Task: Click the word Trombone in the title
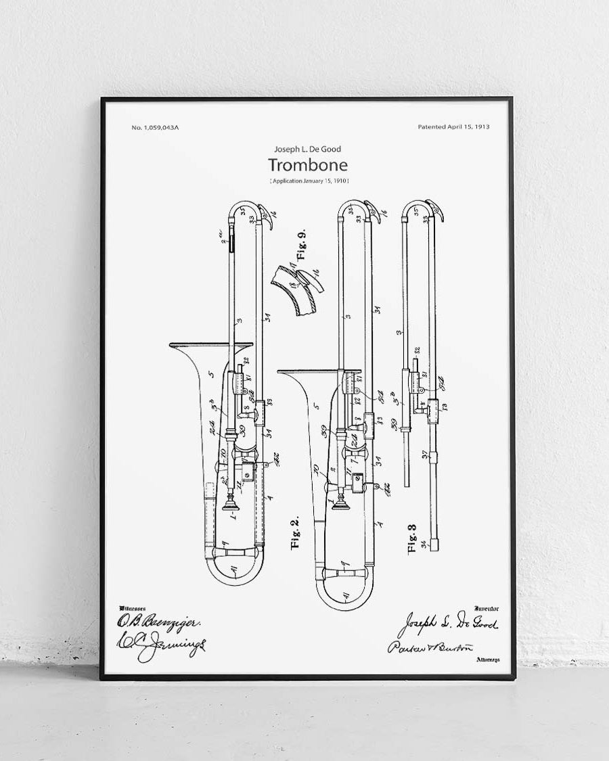pyautogui.click(x=308, y=164)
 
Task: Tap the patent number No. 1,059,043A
pyautogui.click(x=156, y=127)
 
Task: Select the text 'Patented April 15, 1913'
pyautogui.click(x=454, y=126)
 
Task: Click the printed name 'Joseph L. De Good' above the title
pyautogui.click(x=308, y=149)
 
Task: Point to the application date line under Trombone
pyautogui.click(x=309, y=181)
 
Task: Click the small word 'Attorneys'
pyautogui.click(x=487, y=659)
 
